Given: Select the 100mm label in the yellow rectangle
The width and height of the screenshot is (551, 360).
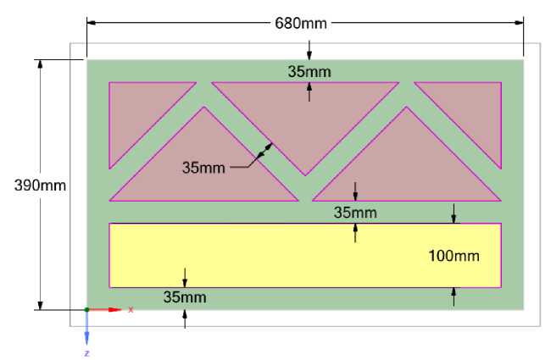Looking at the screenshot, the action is pos(454,255).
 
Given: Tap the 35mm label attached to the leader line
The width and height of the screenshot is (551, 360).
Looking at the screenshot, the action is pos(203,167).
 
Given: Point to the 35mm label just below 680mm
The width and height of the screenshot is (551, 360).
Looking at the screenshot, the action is pos(309,71).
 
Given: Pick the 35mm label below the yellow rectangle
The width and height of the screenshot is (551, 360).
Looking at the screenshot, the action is pos(185,297).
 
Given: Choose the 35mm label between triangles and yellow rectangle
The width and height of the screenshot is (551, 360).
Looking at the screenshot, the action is pos(355,212).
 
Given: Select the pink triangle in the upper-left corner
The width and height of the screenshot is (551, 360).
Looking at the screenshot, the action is pos(140,110).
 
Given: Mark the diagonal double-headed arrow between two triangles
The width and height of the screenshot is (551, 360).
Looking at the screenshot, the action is pos(264,152).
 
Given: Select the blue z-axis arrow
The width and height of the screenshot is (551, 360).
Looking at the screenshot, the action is pos(86,330).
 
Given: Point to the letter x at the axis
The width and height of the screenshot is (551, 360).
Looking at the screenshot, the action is pos(131,310).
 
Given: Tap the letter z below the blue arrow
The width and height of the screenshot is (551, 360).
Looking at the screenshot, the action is pos(86,352).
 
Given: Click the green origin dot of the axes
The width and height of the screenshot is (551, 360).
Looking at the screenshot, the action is pos(86,310).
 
